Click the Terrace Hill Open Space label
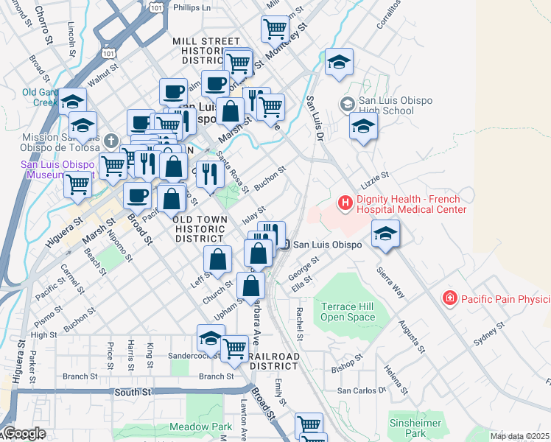point(348,312)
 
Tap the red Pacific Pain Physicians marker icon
point(449,298)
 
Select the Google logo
point(24,434)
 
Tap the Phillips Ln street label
point(191,7)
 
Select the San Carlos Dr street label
point(362,390)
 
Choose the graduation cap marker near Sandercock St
point(211,338)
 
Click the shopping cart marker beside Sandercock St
point(235,348)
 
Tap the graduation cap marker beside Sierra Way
point(385,234)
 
